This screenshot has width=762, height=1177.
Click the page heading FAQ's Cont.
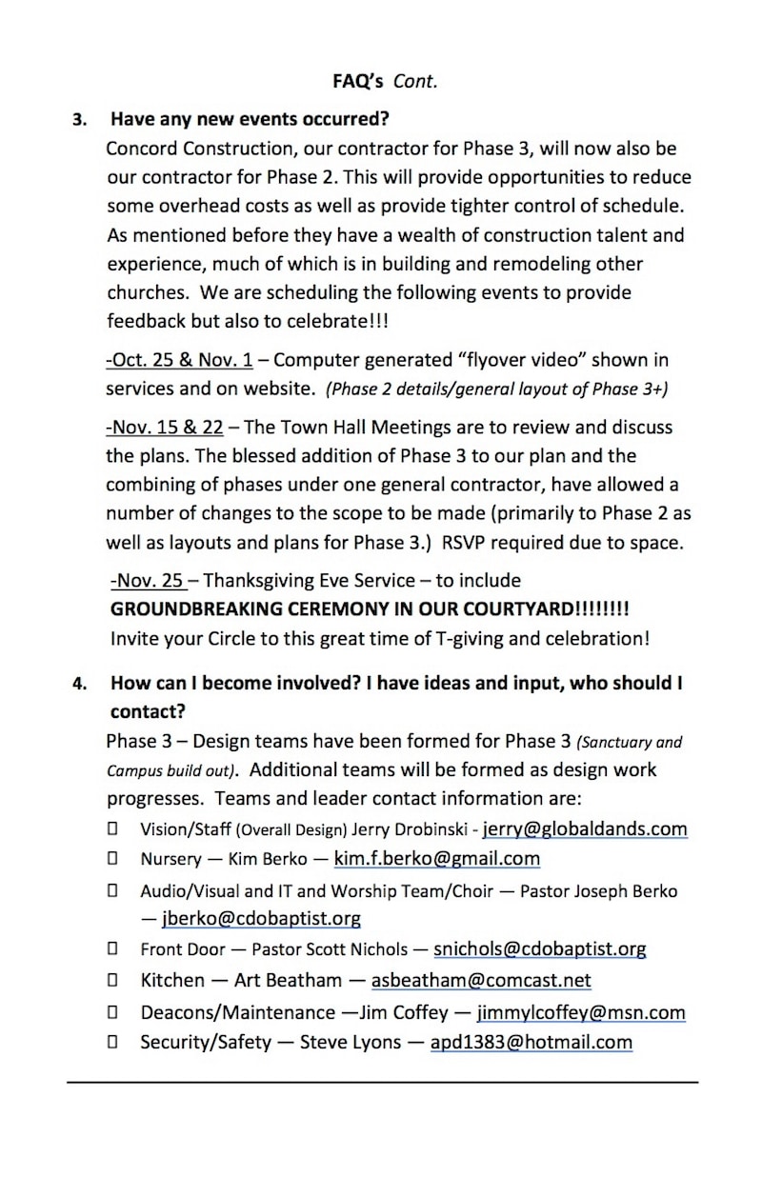385,82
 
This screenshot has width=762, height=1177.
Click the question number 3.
80,121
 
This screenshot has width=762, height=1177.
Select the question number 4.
80,683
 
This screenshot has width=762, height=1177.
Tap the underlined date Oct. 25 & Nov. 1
179,360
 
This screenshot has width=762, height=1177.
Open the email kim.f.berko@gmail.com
436,858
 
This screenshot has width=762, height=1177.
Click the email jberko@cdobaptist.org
261,918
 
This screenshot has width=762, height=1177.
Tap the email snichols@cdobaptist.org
539,948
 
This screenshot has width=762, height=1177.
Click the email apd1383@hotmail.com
531,1042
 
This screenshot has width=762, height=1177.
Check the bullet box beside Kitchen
112,980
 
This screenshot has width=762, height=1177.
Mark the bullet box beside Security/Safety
112,1042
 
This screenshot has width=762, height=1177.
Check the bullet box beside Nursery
112,858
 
